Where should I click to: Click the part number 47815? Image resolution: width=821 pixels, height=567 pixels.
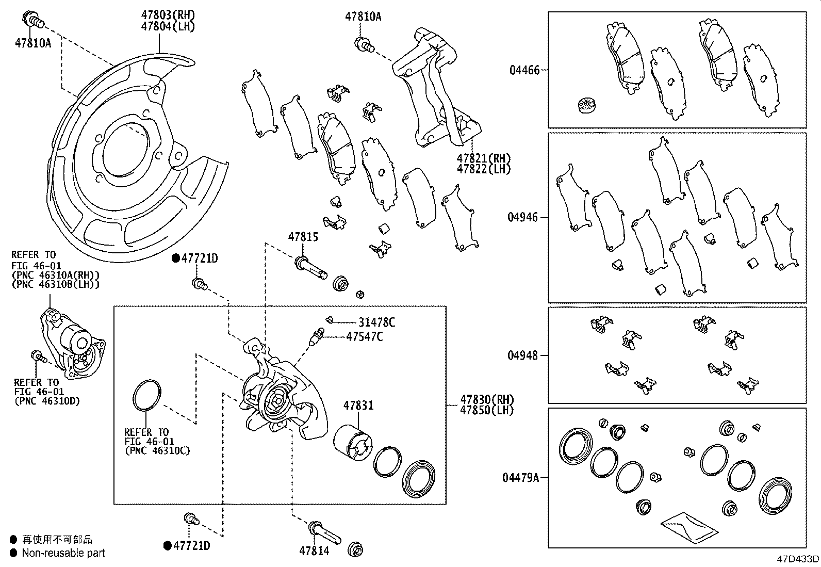[303, 237]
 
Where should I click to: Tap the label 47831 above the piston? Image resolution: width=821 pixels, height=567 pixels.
[358, 406]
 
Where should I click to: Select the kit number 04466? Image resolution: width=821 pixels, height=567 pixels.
[524, 70]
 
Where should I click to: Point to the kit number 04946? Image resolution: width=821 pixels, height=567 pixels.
[522, 217]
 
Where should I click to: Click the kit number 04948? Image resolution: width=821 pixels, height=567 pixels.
[522, 355]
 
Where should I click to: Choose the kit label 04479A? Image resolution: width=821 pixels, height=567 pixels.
[520, 478]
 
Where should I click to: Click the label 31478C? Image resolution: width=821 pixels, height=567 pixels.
[376, 323]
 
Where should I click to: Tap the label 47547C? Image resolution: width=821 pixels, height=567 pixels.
[364, 337]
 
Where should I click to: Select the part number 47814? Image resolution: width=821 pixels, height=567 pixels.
[314, 550]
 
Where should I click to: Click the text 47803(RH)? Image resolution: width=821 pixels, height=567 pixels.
[168, 15]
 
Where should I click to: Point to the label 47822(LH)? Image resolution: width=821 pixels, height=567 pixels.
[483, 169]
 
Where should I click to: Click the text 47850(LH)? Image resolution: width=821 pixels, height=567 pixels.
[487, 410]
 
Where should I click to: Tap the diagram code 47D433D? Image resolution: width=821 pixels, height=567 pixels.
[798, 559]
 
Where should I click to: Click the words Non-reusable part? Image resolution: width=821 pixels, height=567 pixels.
[63, 553]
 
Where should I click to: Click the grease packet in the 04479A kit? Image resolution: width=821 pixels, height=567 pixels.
[688, 528]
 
